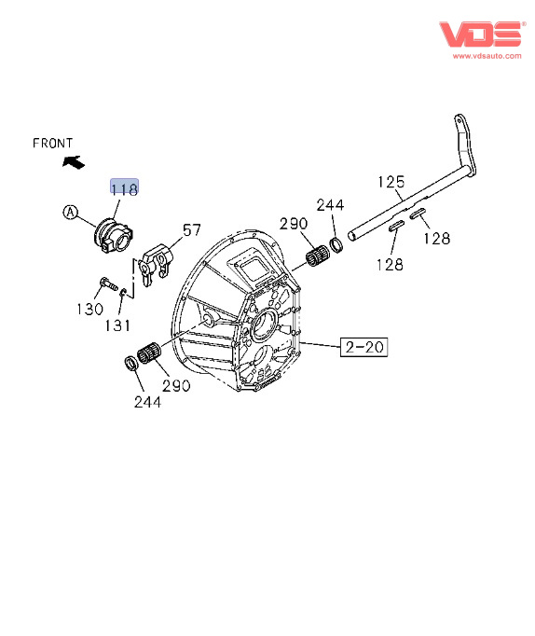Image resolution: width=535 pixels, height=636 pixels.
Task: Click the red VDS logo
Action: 481,35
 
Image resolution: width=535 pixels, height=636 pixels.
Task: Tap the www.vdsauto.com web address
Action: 487,56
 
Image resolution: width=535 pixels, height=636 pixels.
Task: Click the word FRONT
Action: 53,144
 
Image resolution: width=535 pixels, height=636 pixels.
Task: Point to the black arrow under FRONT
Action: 74,162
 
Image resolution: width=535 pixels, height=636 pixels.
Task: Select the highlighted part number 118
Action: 124,188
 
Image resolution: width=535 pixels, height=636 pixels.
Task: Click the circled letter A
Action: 71,212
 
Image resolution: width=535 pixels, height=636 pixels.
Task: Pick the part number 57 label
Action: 192,230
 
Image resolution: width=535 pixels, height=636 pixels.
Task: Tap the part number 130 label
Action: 89,309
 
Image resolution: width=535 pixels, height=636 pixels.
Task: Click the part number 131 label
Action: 117,325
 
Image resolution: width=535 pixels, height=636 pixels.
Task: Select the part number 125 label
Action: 391,182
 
